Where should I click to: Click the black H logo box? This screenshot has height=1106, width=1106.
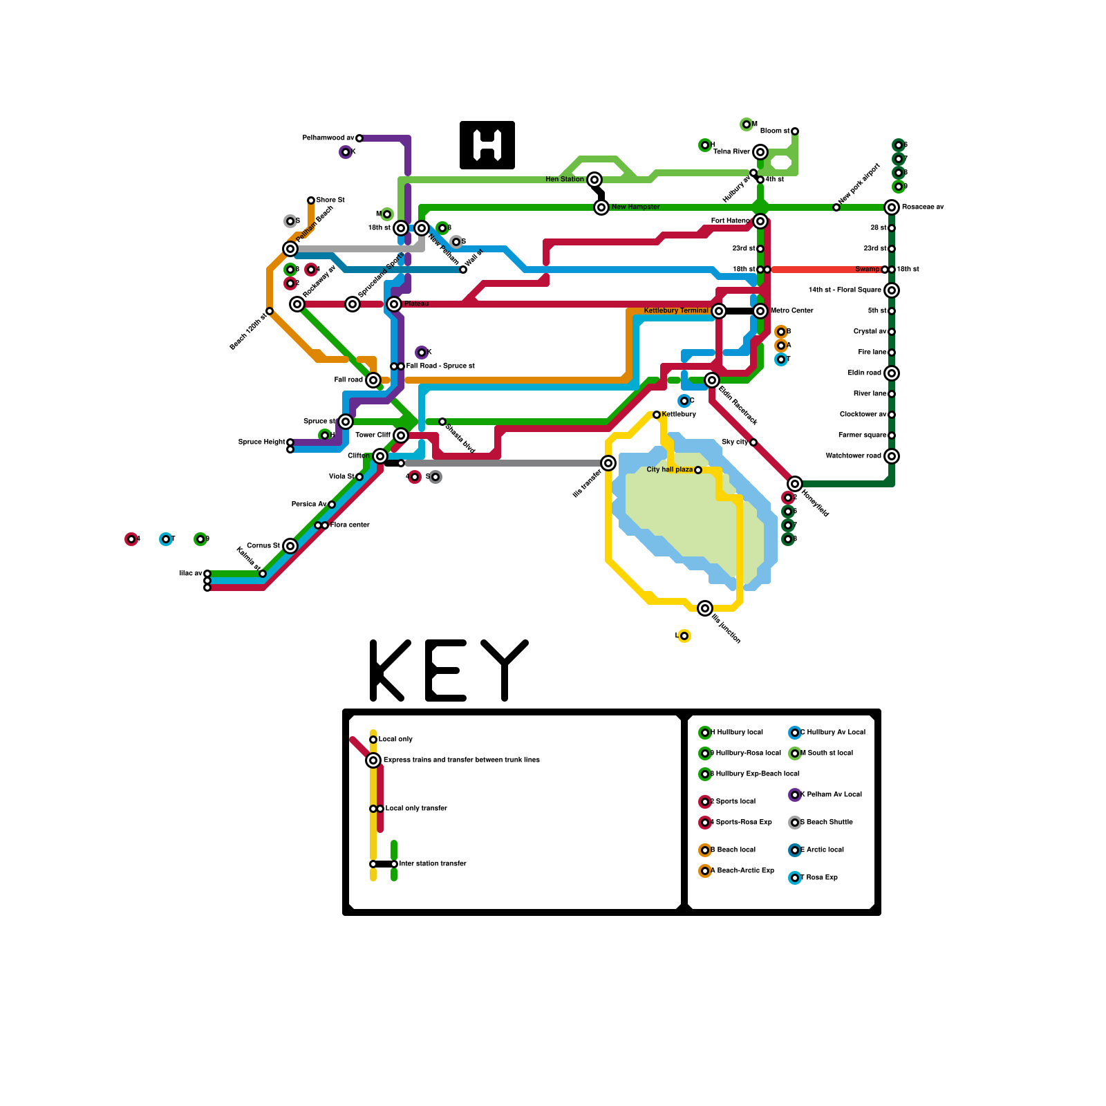tap(487, 145)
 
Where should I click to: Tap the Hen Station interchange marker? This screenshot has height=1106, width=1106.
tap(594, 180)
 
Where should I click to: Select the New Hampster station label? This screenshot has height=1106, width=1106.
tap(635, 207)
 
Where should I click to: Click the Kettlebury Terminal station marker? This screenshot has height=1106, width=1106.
tap(719, 311)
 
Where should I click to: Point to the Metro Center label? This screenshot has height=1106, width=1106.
tap(792, 311)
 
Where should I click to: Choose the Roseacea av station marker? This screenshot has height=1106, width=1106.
tap(892, 207)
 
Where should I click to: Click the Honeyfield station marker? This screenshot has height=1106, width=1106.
tap(795, 484)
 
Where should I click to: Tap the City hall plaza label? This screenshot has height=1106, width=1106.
tap(669, 470)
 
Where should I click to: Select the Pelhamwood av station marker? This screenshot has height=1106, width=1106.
tap(359, 138)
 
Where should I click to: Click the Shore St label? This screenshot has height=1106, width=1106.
tap(330, 200)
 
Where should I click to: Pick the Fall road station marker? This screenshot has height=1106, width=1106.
tap(373, 380)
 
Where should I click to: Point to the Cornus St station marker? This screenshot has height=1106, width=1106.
tap(290, 546)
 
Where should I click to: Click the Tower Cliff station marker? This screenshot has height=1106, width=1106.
tap(401, 435)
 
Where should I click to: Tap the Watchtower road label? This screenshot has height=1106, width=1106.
tap(853, 456)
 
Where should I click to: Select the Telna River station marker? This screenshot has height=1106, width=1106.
tap(760, 152)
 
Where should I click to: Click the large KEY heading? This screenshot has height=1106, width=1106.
tap(449, 671)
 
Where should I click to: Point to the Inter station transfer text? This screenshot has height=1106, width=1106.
tap(433, 863)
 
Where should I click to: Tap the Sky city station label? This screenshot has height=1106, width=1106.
tap(734, 442)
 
